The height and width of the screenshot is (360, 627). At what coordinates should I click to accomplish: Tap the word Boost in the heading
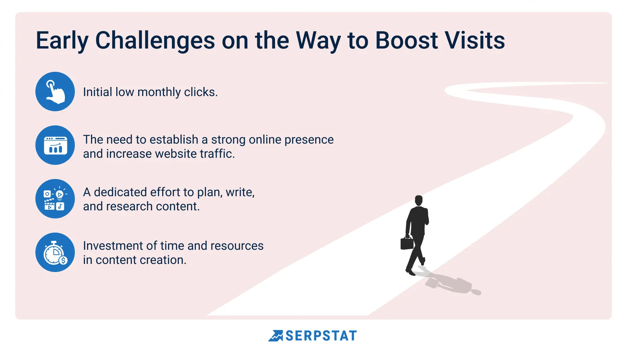coord(406,40)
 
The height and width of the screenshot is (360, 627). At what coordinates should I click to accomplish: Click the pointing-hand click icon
coord(55,91)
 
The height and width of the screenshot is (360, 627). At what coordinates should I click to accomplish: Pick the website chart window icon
coord(55,145)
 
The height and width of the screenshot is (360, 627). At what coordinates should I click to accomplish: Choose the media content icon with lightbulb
coord(55,199)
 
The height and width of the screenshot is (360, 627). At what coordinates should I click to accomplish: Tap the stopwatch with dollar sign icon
coord(55,252)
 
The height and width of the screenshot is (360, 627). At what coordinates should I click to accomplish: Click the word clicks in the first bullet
coord(201,92)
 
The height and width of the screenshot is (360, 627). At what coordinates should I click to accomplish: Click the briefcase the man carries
coord(407,243)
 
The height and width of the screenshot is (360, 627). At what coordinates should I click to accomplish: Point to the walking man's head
coord(419,200)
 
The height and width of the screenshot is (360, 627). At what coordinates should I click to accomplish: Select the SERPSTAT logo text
coord(321,336)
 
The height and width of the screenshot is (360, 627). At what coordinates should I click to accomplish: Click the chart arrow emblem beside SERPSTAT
coord(276,336)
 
